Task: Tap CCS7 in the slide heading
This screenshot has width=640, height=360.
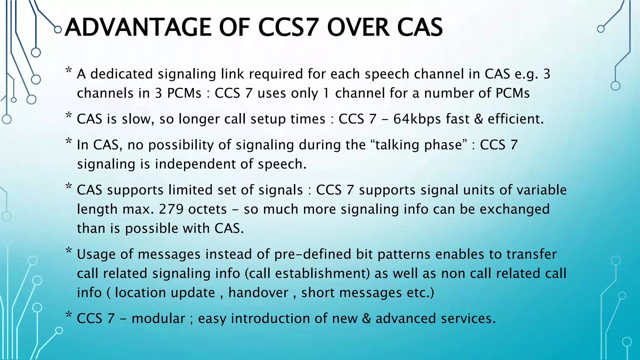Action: coord(288,27)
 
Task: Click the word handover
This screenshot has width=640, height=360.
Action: coord(258,293)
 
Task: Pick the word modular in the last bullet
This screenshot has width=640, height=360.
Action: coord(158,318)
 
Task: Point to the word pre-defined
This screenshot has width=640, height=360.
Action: coord(312,254)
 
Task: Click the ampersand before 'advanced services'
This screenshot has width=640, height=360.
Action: coord(366,318)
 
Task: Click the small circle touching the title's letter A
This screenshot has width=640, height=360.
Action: coord(58,30)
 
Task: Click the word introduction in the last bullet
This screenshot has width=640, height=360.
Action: coord(270,318)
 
